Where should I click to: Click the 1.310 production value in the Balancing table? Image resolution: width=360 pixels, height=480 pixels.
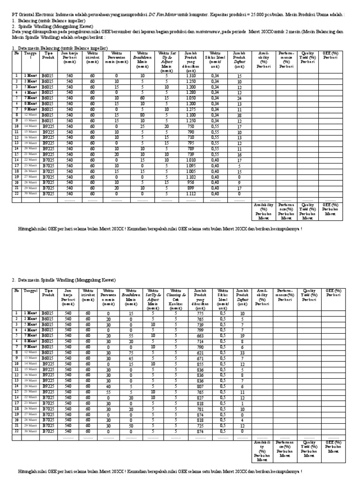[191, 75]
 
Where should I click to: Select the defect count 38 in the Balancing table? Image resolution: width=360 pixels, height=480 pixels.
[239, 115]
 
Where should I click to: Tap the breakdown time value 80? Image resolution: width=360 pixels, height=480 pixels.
[142, 115]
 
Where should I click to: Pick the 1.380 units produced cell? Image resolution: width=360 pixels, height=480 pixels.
[191, 92]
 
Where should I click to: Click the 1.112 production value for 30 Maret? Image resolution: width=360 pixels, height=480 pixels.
[191, 194]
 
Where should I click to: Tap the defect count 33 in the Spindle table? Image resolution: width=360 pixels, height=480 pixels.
[242, 352]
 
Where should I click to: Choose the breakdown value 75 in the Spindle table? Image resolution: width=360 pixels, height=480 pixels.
[131, 352]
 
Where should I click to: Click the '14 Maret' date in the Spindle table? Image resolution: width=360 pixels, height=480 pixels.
[31, 364]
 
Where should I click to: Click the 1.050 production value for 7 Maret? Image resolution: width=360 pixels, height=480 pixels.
[191, 98]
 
